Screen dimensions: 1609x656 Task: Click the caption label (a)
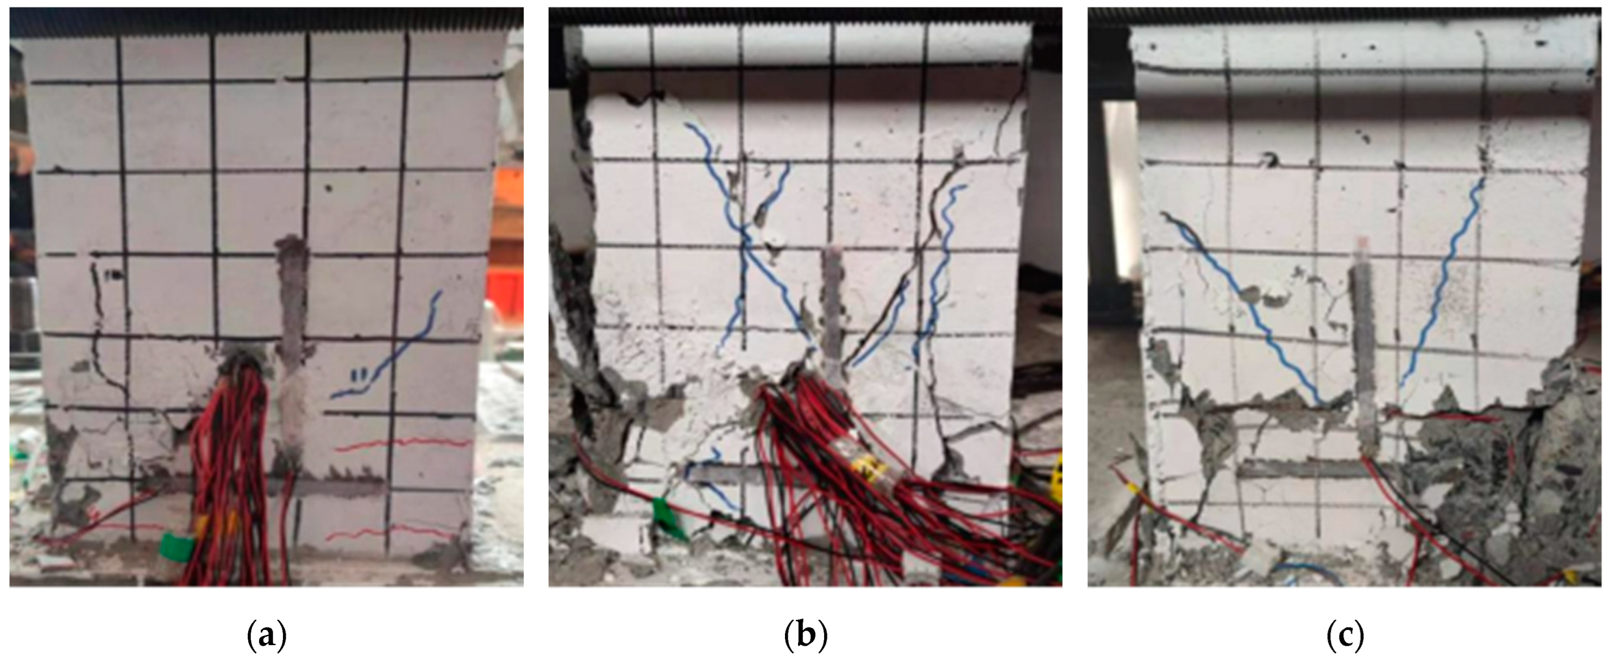point(267,635)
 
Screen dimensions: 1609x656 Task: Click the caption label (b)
point(806,635)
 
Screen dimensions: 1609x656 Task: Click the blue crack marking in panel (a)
point(391,347)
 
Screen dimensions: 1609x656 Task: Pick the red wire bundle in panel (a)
point(231,475)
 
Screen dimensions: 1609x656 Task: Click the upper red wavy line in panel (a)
point(403,445)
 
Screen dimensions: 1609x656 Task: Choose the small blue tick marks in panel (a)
point(360,376)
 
